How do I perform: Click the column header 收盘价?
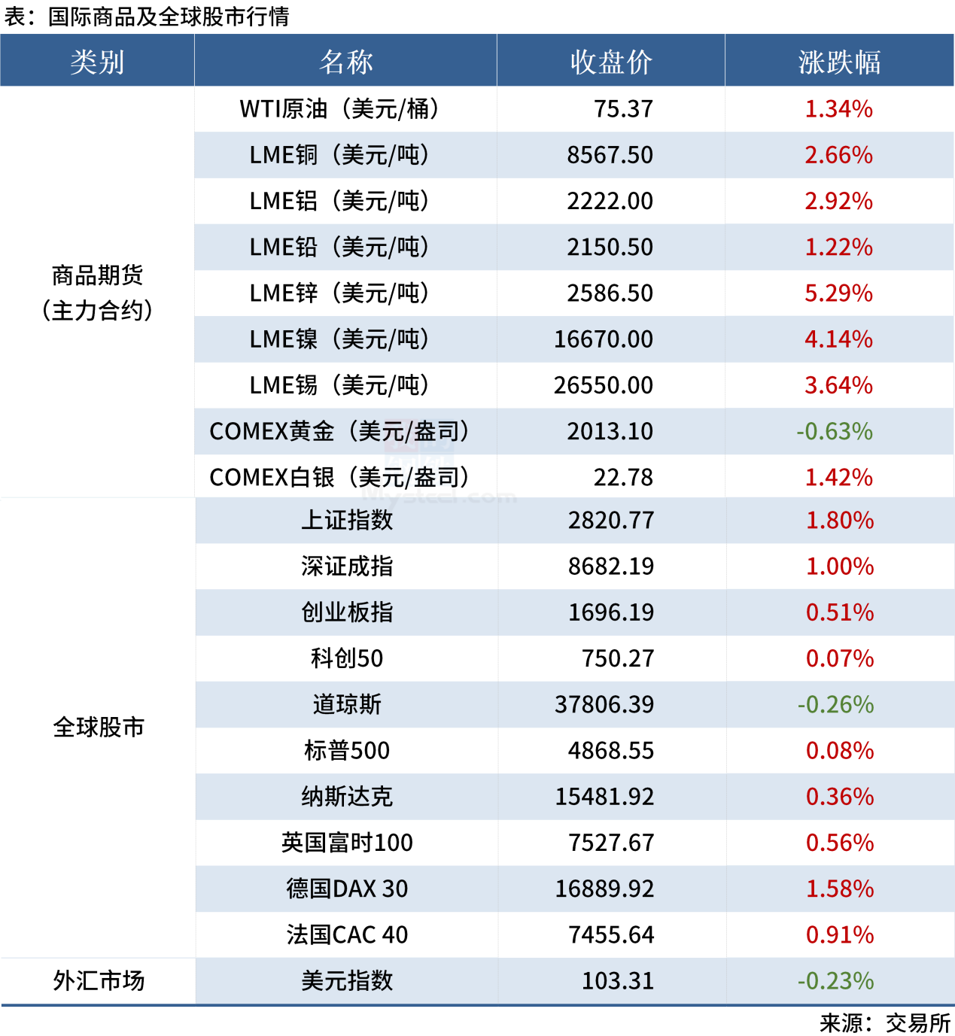pyautogui.click(x=610, y=62)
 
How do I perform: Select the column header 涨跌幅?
pyautogui.click(x=839, y=62)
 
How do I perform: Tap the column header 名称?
pyautogui.click(x=345, y=62)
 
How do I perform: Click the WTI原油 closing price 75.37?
pyautogui.click(x=623, y=109)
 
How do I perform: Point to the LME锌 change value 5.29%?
pyautogui.click(x=838, y=293)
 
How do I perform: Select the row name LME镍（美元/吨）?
pyautogui.click(x=339, y=339)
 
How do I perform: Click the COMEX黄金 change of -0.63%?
pyautogui.click(x=835, y=432)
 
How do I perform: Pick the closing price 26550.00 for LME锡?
pyautogui.click(x=604, y=385)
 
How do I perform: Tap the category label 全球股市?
pyautogui.click(x=99, y=728)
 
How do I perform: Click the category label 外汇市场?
pyautogui.click(x=99, y=981)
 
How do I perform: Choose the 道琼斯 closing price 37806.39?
pyautogui.click(x=604, y=705)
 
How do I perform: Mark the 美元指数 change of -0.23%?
pyautogui.click(x=836, y=981)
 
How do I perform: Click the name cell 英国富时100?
pyautogui.click(x=347, y=843)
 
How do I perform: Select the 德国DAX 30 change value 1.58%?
pyautogui.click(x=840, y=889)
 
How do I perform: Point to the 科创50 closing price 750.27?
pyautogui.click(x=618, y=659)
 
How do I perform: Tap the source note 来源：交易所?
pyautogui.click(x=885, y=1023)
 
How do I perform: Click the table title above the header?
pyautogui.click(x=147, y=17)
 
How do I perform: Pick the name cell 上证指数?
pyautogui.click(x=347, y=521)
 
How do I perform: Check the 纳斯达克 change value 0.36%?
pyautogui.click(x=840, y=797)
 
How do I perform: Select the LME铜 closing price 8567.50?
pyautogui.click(x=610, y=155)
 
